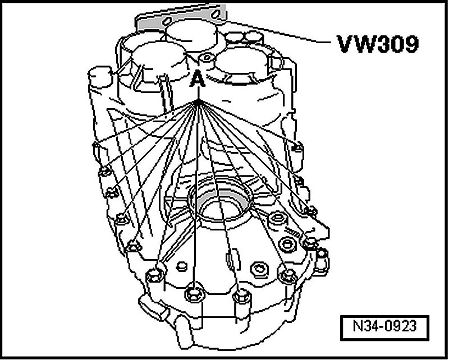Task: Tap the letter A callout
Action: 198,80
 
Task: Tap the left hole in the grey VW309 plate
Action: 167,20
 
